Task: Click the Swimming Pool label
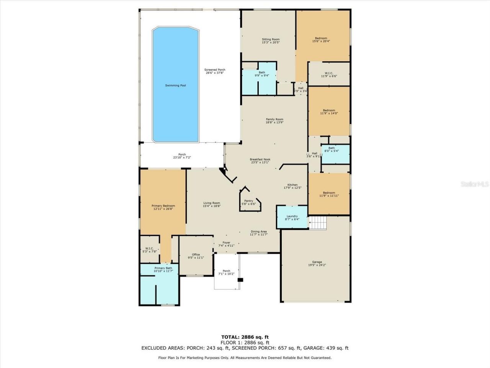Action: [175, 85]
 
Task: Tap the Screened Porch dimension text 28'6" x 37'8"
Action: [214, 73]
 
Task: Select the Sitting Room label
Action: [271, 39]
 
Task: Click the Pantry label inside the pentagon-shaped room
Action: [248, 201]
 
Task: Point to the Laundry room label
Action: [292, 216]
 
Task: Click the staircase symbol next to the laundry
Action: [318, 223]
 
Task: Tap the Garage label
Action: [317, 262]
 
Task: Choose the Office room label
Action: [196, 255]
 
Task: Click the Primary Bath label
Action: [163, 268]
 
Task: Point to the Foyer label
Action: [226, 243]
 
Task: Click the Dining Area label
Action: [258, 232]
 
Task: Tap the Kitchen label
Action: [292, 185]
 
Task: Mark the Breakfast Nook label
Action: [260, 159]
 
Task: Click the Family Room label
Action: [274, 119]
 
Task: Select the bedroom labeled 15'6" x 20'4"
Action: [321, 38]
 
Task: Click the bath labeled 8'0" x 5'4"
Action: [331, 148]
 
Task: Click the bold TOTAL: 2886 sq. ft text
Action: [245, 337]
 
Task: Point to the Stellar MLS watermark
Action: [475, 184]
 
